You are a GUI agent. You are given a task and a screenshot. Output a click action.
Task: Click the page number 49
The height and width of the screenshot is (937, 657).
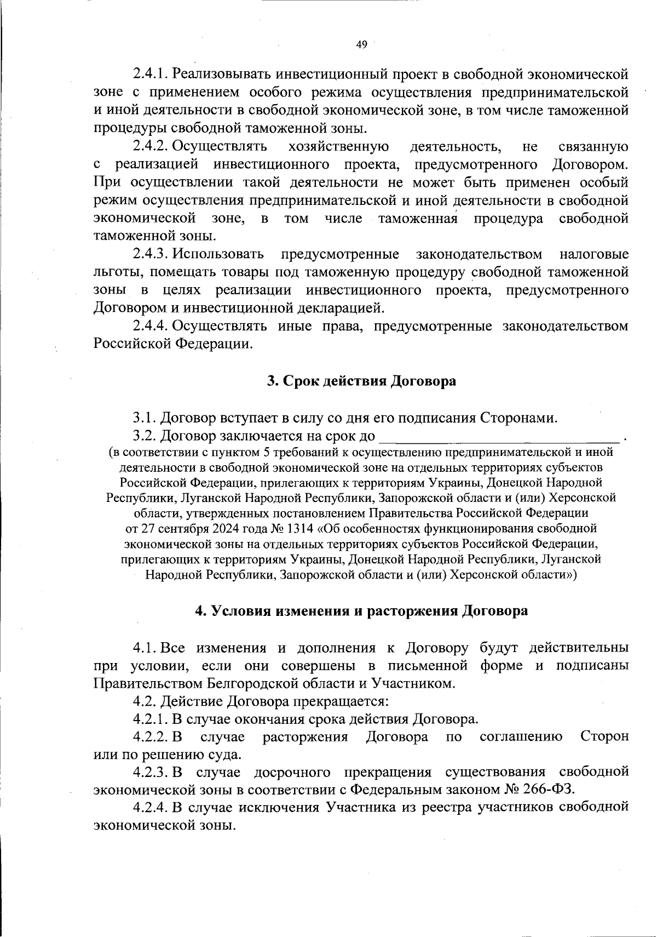(361, 45)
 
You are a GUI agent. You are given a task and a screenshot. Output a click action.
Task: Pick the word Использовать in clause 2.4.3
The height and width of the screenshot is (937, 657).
(218, 255)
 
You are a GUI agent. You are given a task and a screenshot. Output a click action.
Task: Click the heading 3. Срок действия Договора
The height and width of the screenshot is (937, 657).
(361, 381)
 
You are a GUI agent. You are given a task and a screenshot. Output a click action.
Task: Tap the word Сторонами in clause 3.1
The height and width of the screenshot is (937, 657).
(518, 418)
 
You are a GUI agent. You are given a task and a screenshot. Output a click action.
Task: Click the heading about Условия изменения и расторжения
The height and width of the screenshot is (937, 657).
(361, 611)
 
